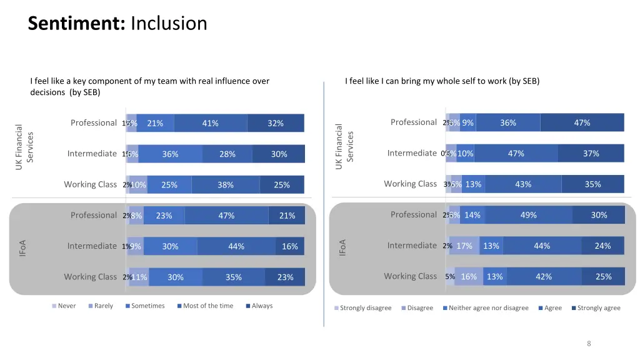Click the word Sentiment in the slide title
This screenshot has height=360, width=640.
77,24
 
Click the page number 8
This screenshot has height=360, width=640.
589,343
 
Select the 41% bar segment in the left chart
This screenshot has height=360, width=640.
211,123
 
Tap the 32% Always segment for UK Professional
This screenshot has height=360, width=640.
276,123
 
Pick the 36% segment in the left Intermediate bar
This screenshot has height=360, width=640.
170,154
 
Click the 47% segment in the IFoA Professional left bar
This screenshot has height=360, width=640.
226,216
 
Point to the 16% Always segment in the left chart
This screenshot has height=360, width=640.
290,246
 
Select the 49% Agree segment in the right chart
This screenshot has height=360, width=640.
528,215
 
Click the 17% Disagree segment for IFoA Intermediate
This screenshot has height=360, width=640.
464,246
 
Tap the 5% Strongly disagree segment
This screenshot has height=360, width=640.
450,276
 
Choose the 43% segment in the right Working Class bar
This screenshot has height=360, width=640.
523,184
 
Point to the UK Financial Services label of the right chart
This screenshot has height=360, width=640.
344,146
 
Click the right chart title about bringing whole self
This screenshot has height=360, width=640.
442,81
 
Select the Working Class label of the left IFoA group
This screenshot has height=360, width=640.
90,277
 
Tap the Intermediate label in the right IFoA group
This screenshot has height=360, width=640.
412,246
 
